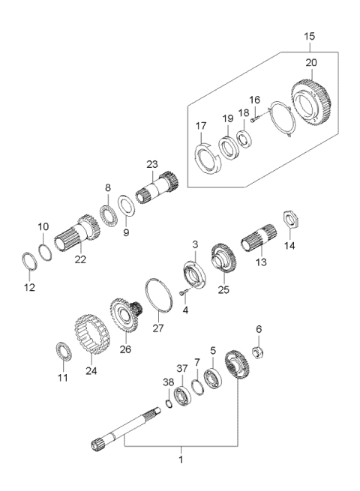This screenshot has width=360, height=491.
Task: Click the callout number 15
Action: coord(310,36)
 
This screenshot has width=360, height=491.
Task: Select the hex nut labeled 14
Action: coord(291,222)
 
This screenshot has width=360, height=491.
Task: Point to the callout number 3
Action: coord(194,244)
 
